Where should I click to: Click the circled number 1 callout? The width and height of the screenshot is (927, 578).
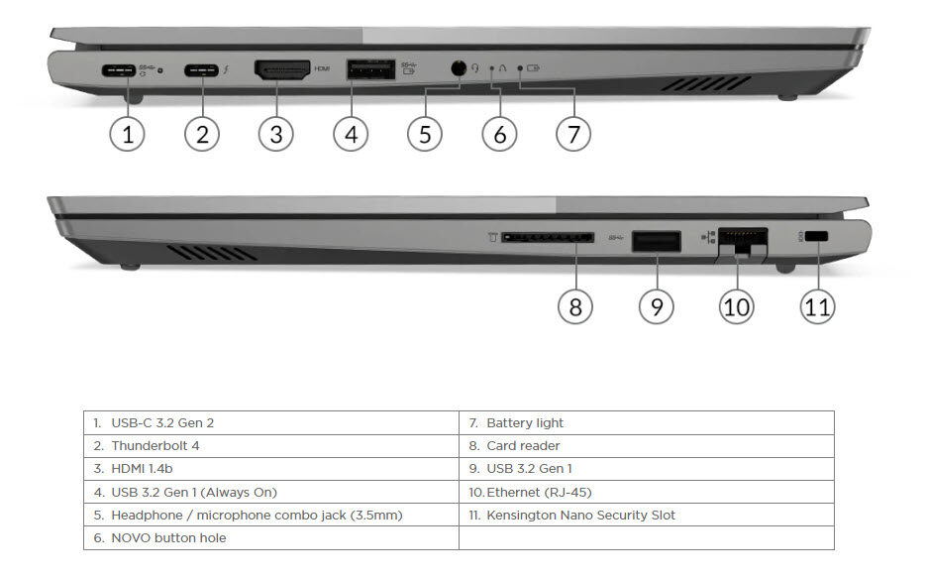click(127, 134)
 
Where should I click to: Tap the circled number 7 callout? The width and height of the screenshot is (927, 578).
click(573, 134)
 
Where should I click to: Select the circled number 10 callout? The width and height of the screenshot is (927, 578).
click(737, 306)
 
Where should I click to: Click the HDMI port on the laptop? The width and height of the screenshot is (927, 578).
click(282, 69)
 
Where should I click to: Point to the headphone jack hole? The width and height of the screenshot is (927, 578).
click(459, 68)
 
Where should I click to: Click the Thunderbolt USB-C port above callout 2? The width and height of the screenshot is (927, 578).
click(202, 70)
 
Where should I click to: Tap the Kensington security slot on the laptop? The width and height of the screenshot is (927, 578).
click(816, 236)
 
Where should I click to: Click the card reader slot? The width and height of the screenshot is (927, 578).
click(548, 237)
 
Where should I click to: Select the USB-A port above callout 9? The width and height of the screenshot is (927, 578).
click(657, 241)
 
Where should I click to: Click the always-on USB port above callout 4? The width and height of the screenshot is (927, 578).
click(370, 69)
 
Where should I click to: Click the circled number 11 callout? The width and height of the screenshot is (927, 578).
click(818, 306)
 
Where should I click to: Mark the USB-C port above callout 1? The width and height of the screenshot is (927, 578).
click(119, 70)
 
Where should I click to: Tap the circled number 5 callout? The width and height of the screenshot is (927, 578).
click(425, 134)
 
